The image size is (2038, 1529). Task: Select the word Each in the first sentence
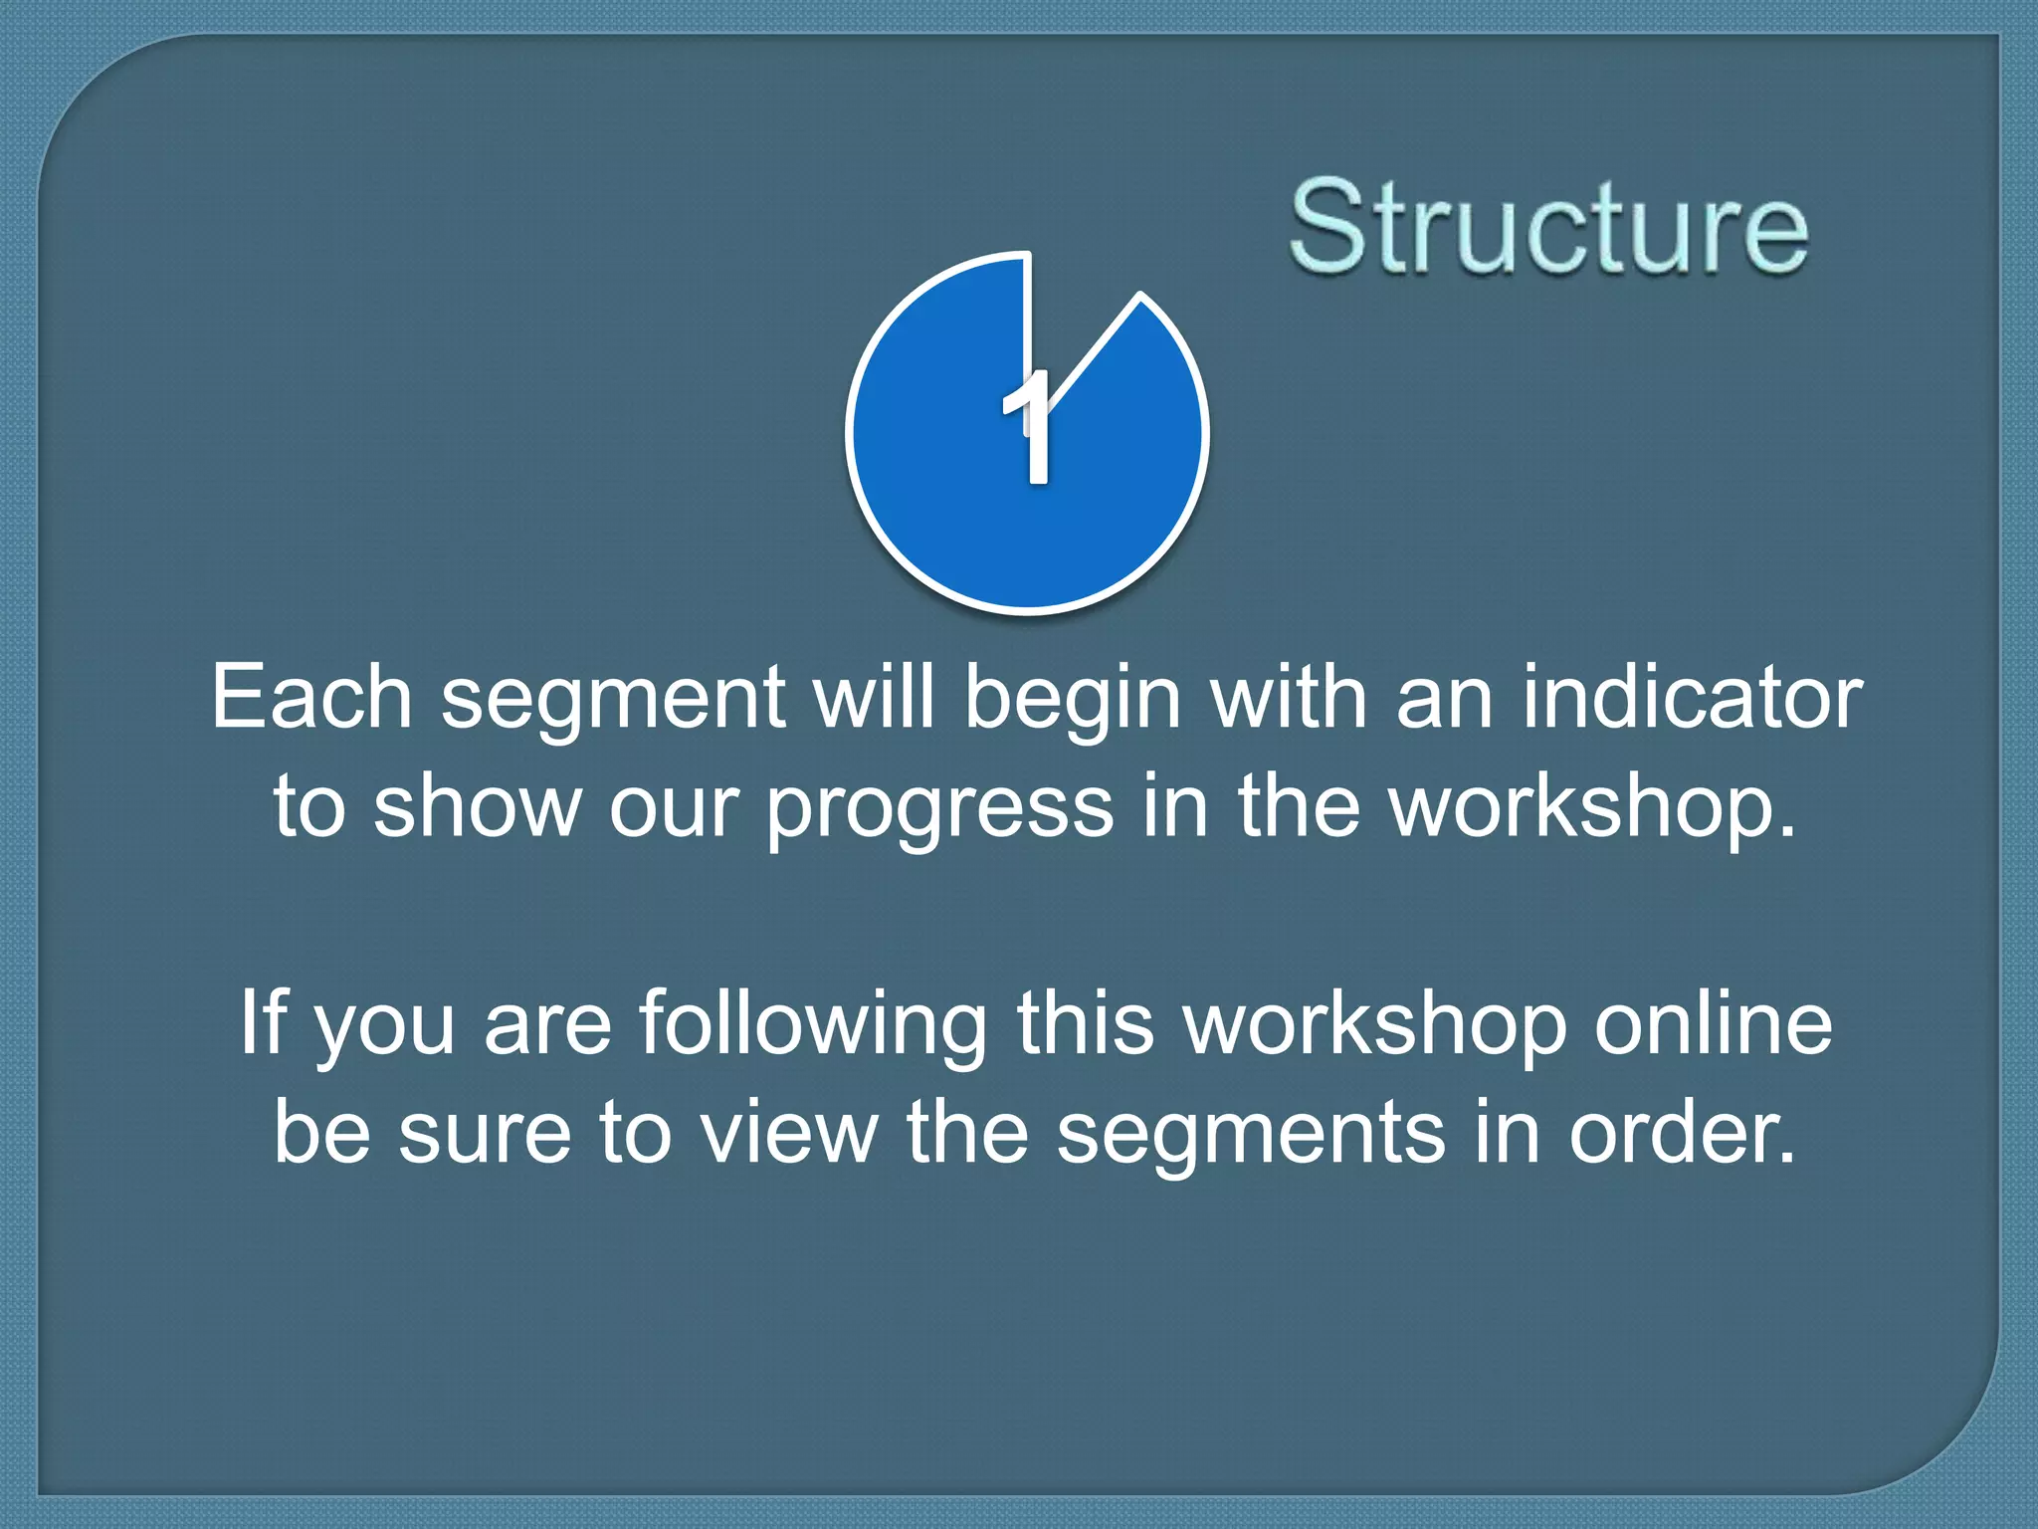[311, 697]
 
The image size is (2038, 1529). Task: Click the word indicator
[1693, 697]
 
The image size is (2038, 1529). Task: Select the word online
[1713, 1023]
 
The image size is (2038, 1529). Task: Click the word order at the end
[1682, 1132]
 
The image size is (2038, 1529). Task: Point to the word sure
[486, 1134]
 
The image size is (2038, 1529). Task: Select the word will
[874, 697]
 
